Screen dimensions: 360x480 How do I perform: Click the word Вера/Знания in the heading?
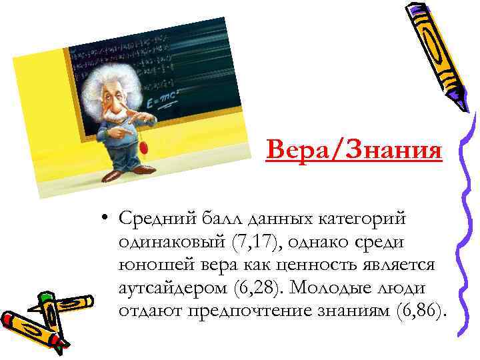point(353,149)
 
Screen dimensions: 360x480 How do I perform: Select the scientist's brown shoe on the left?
point(113,175)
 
